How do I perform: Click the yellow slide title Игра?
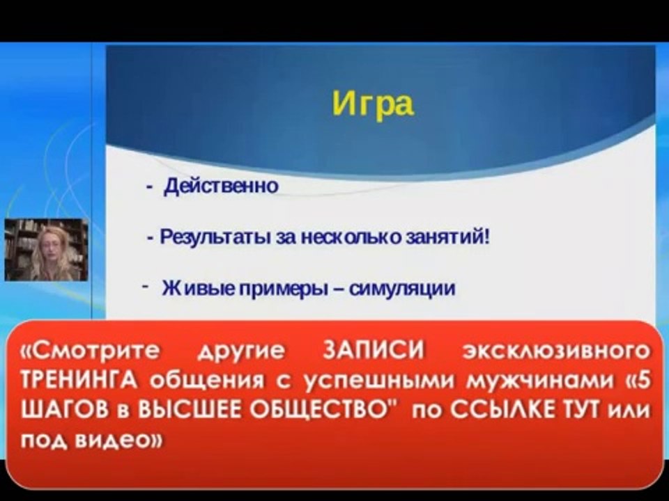coord(372,104)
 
